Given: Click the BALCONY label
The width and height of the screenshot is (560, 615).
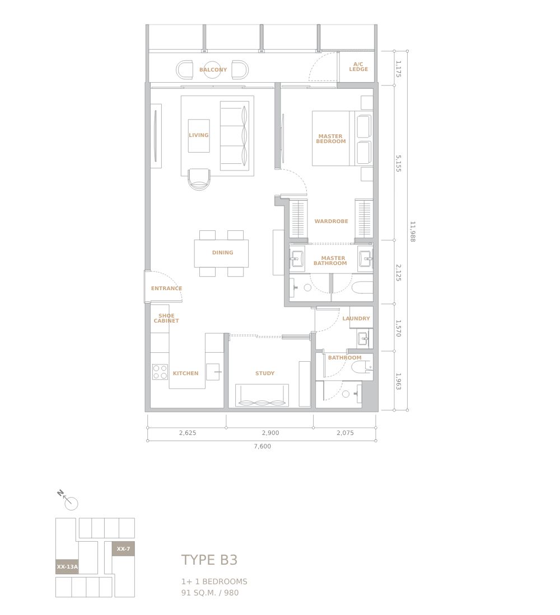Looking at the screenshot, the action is click(x=213, y=70).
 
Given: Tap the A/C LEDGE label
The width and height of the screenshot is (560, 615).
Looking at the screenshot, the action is click(x=358, y=67).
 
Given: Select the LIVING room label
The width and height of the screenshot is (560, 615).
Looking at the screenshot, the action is click(x=198, y=135).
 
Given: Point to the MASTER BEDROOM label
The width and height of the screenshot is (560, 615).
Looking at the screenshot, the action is click(x=331, y=139).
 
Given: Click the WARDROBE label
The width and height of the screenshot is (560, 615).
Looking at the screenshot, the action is click(x=332, y=221).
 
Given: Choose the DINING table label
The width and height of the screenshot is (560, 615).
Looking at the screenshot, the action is click(x=222, y=253).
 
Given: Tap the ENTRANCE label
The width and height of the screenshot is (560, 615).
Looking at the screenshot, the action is click(x=167, y=288).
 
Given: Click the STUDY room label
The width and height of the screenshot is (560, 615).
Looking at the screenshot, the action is click(x=265, y=373).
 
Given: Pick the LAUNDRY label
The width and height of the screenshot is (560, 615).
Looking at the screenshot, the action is click(x=356, y=319).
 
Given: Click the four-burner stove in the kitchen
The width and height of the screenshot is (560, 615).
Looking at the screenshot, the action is click(x=160, y=372).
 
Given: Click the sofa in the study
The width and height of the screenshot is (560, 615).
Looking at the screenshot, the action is click(x=262, y=395).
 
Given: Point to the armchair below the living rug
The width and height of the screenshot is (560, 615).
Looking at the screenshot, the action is click(x=199, y=179).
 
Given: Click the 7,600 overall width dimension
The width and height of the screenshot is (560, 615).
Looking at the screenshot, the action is click(x=262, y=446).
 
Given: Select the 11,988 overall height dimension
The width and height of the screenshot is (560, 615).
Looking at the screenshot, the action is click(x=412, y=231).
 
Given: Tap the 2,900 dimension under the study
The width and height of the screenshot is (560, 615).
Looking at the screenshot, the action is click(x=270, y=433).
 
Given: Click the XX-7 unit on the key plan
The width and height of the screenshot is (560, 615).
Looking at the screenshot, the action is click(x=123, y=548).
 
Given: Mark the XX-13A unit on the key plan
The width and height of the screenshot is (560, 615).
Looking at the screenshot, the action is click(x=67, y=567).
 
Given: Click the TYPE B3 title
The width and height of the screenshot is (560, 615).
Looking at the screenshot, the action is click(x=209, y=560).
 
